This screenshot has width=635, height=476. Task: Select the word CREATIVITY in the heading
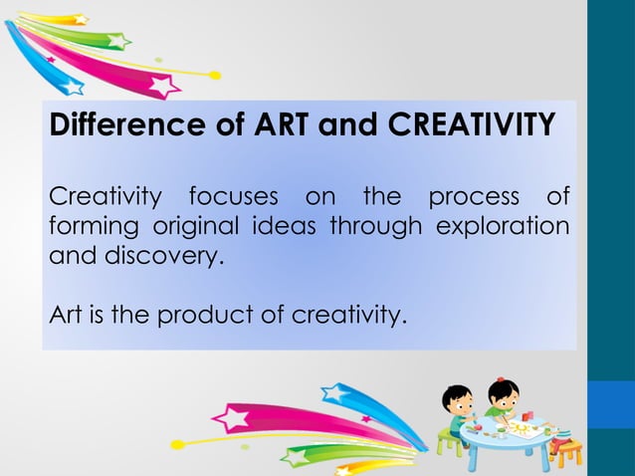click(x=471, y=126)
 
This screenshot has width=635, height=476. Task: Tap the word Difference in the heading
click(x=120, y=126)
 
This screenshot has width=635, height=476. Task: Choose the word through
click(x=376, y=225)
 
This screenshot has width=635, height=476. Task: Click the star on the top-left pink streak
click(x=161, y=86)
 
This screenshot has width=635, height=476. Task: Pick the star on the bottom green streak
click(x=296, y=457)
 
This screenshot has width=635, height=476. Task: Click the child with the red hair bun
click(x=503, y=397)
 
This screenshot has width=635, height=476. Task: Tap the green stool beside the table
click(x=450, y=439)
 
